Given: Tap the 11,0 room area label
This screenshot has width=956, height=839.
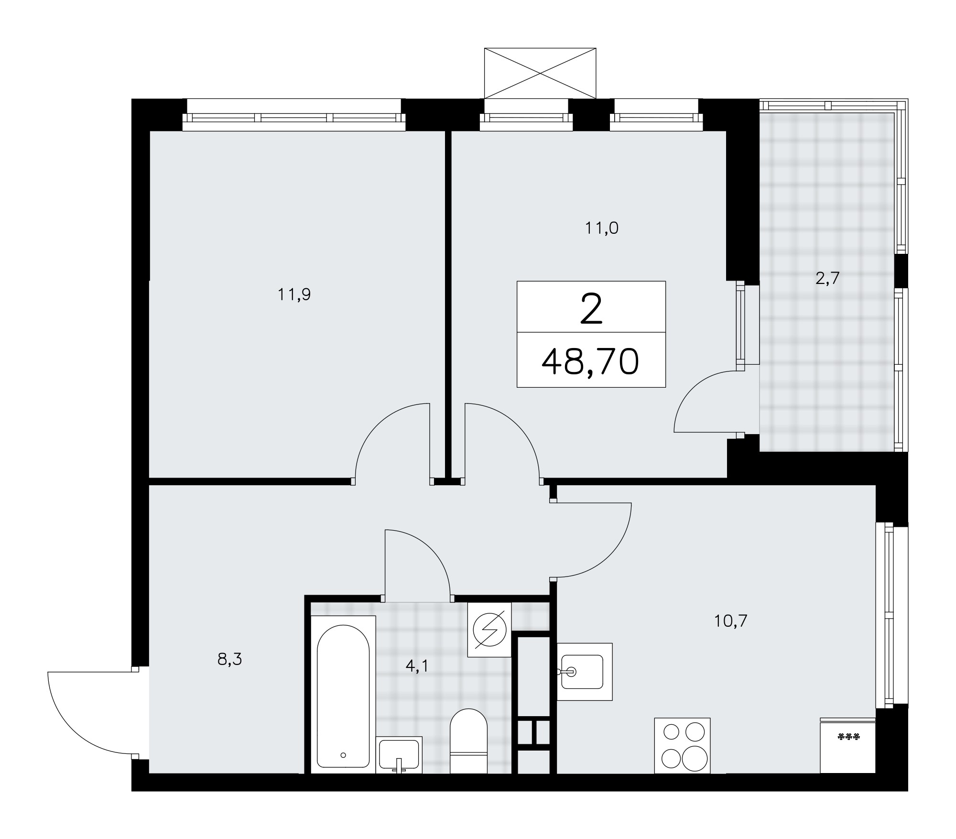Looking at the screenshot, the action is coord(602,229).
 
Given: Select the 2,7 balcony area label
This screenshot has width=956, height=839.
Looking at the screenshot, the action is coord(827,278).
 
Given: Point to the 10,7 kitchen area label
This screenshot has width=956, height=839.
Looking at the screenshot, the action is coord(730,621).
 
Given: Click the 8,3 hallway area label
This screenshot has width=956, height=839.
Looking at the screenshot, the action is coord(229,660).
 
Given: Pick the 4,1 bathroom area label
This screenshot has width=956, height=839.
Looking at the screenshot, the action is coord(416,666).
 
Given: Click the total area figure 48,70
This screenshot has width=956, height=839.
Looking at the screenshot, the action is coord(590,361).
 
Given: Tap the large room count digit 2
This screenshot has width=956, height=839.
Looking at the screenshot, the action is coord(591,309).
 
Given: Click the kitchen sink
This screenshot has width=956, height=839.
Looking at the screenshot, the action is coord(585,672).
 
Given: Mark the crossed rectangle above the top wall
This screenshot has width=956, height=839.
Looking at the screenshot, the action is coord(540,73).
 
